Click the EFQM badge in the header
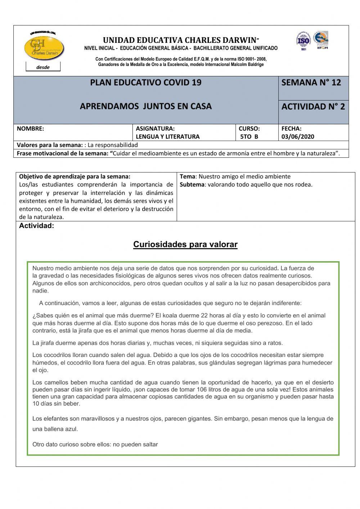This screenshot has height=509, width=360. pos(321,40)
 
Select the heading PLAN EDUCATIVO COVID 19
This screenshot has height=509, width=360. pos(145,82)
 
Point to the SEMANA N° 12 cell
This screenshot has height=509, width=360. pos(311,82)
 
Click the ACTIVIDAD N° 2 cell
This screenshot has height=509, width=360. pos(313,107)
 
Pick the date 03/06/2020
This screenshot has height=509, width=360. pos(298,137)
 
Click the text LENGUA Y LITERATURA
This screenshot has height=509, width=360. pos(167,137)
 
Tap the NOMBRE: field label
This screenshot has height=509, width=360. pos(30,128)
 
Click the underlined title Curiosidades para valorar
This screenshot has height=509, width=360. pos(185,244)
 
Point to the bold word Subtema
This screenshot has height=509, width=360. pos(192,184)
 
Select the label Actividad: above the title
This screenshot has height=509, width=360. pos(36,226)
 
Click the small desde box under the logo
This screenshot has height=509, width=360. pos(43,67)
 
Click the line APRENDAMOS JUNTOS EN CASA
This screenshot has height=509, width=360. pos(145,106)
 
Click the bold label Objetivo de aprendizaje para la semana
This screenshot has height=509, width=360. pos(75,177)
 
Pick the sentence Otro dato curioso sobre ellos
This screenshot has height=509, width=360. pos(95,444)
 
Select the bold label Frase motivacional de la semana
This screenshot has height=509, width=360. pos(62,153)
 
